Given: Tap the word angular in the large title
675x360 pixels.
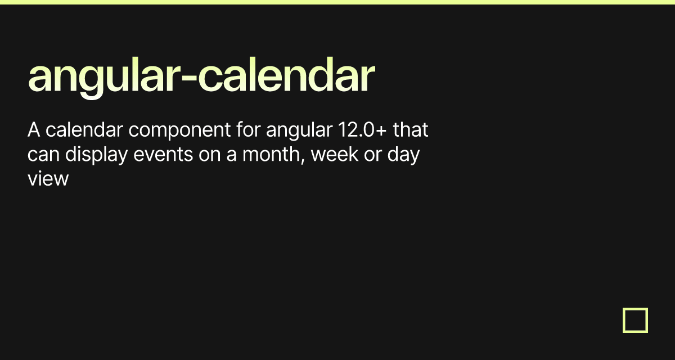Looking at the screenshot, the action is tap(105, 78).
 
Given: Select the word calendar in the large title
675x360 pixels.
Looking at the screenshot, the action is tap(286, 74).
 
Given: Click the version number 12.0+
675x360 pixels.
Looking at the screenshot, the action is tap(362, 129).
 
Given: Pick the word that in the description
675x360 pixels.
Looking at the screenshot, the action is tap(411, 129).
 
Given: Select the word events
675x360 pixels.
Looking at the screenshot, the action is tap(163, 155).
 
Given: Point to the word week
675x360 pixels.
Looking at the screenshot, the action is tap(335, 154).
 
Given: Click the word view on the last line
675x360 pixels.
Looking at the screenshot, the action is tap(48, 179).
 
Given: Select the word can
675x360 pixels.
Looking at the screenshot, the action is tap(43, 155).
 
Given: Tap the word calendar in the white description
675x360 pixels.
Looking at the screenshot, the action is tap(84, 129).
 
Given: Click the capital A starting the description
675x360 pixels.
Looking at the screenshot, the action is tap(34, 130).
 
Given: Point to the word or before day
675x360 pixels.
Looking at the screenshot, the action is tap(373, 155).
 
